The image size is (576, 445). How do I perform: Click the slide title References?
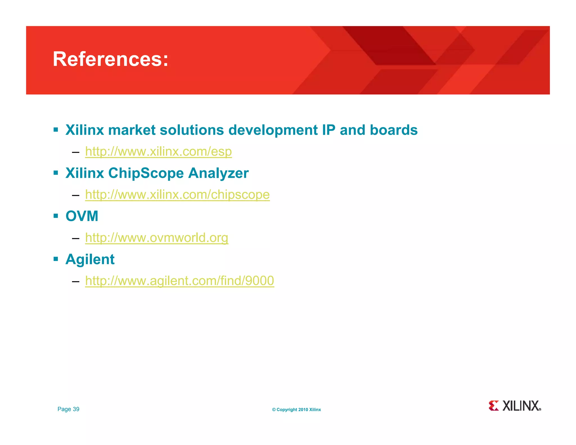point(111,59)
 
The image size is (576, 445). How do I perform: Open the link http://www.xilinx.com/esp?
point(158,151)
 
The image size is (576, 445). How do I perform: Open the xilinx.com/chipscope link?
point(177,194)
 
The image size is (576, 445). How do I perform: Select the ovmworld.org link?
point(157,237)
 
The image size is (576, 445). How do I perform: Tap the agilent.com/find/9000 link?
point(179,280)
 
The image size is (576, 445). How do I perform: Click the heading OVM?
point(82,216)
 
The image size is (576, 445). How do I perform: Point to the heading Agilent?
point(90,259)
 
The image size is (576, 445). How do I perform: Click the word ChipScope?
point(146,173)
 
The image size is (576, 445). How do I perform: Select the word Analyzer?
point(218,173)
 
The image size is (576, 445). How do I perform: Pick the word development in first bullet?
point(273,130)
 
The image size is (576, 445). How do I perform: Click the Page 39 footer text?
point(68,409)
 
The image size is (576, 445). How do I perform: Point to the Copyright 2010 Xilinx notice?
point(296,410)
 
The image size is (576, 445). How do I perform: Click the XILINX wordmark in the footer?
point(521,406)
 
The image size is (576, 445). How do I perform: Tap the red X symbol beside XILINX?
point(494,406)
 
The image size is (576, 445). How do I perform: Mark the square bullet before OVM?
point(56,216)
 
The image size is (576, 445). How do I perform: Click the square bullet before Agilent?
point(56,259)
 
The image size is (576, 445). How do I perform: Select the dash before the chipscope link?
point(75,195)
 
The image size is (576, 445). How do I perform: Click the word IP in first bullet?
point(328,130)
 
